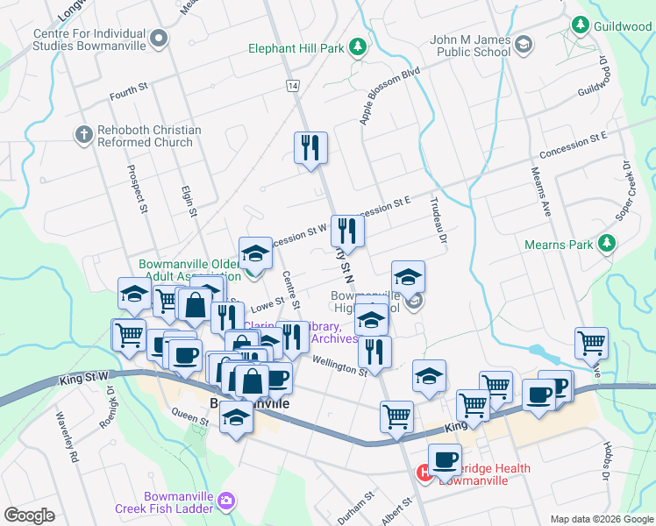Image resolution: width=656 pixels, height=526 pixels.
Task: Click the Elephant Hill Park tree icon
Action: click(357, 46)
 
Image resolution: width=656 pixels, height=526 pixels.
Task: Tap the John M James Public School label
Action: click(470, 46)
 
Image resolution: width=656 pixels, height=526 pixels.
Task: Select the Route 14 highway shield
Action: click(291, 85)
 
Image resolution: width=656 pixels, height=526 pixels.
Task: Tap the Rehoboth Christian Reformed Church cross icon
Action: click(84, 135)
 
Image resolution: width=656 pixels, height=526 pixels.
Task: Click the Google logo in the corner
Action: click(29, 515)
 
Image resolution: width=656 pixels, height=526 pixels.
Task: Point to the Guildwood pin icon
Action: click(580, 25)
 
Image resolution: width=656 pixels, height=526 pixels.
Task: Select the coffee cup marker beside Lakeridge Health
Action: click(446, 460)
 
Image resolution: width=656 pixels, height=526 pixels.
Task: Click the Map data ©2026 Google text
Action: click(601, 519)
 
